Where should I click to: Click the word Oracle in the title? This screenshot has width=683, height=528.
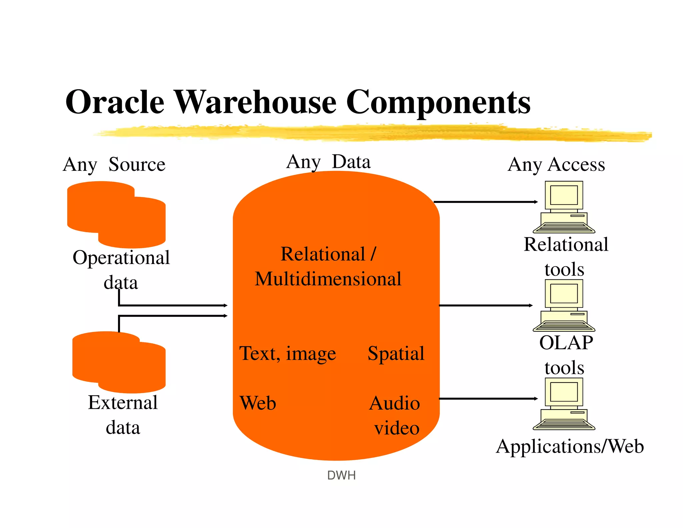(115, 102)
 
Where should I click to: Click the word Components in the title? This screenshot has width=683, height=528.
(438, 102)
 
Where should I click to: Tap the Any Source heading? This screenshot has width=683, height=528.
(114, 164)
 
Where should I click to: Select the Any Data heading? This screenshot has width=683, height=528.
(328, 162)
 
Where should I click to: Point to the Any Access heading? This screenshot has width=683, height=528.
(556, 164)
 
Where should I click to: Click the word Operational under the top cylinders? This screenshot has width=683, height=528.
(121, 258)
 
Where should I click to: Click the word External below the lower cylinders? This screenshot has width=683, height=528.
(123, 403)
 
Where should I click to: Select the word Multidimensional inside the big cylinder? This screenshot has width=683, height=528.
(328, 279)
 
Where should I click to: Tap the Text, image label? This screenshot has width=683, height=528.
(287, 354)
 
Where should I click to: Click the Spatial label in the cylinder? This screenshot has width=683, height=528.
(396, 354)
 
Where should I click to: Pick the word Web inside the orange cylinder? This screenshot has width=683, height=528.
(258, 403)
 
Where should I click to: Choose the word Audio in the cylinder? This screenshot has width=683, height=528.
(395, 403)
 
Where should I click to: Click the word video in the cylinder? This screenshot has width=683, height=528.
(397, 428)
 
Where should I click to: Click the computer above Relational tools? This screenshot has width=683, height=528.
(564, 207)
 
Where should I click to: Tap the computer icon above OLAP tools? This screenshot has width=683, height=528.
(564, 305)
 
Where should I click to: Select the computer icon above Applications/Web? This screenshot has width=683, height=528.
(564, 404)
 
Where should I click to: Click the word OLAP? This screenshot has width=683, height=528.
(566, 343)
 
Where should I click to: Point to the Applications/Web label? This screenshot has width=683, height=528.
(570, 447)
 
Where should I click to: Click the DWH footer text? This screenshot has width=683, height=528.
(341, 475)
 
